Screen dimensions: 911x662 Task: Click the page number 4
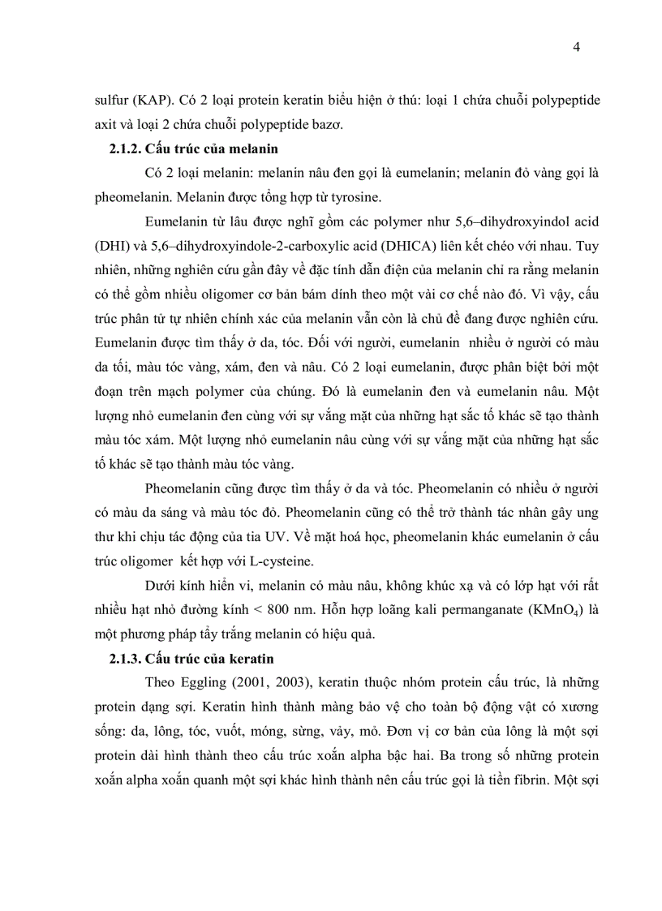point(576,46)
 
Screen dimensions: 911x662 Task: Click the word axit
point(106,124)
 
